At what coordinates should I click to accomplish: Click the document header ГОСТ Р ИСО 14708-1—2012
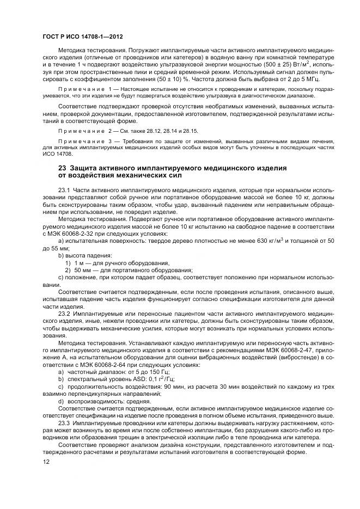click(x=83, y=36)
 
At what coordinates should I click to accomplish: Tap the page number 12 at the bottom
click(x=46, y=462)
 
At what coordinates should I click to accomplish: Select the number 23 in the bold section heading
click(x=63, y=168)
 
